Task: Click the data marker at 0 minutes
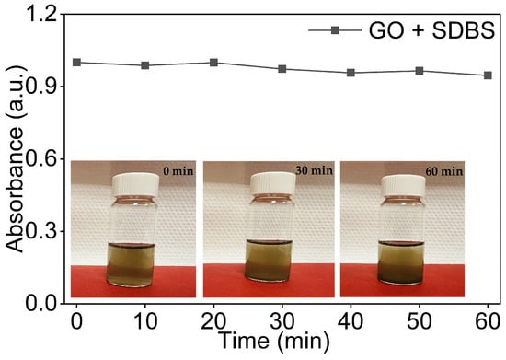click(76, 63)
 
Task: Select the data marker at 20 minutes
click(213, 63)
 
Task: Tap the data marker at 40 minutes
click(351, 73)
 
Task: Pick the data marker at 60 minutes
click(488, 75)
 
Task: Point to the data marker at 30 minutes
click(282, 69)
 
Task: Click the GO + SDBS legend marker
click(335, 30)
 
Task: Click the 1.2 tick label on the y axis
click(42, 15)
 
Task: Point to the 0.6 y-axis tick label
click(42, 159)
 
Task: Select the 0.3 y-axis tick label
click(42, 232)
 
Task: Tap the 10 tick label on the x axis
click(145, 321)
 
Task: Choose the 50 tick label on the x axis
click(420, 321)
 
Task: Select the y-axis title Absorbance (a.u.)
click(15, 158)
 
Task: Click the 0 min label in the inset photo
click(178, 171)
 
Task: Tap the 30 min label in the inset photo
click(314, 169)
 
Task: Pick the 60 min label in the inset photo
click(444, 171)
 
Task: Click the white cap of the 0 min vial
click(135, 185)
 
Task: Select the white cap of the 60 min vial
click(403, 186)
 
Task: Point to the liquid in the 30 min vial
click(269, 261)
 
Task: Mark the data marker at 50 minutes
click(420, 71)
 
